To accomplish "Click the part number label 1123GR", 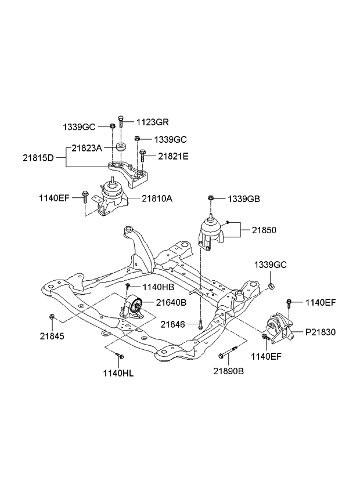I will pos(152,122).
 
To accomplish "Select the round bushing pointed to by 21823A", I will pos(121,147).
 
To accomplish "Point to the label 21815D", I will pos(38,157).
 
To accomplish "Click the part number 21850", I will pos(264,230).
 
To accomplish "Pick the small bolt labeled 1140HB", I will pos(127,288).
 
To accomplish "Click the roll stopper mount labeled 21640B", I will pos(133,307).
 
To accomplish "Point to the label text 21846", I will pos(172,324).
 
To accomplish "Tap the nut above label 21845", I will pos(52,317).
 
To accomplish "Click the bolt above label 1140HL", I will pos(118,356).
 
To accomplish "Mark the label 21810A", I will pos(157,198).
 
